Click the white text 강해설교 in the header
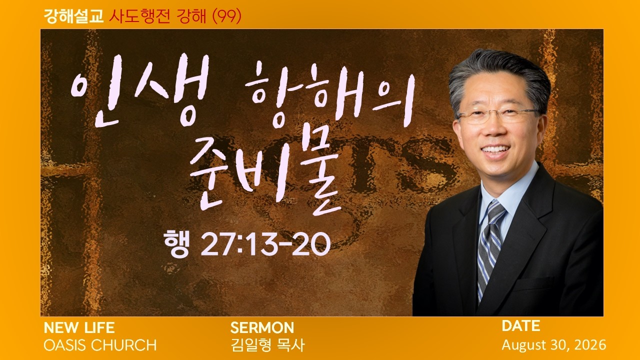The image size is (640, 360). pyautogui.click(x=73, y=16)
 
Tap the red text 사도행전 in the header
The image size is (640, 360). pyautogui.click(x=139, y=16)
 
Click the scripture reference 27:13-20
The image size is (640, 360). pyautogui.click(x=265, y=244)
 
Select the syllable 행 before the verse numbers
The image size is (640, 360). pyautogui.click(x=176, y=243)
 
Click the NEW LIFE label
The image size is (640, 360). pyautogui.click(x=79, y=328)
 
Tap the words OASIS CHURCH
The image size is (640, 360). pyautogui.click(x=100, y=345)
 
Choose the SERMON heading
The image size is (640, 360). pyautogui.click(x=262, y=328)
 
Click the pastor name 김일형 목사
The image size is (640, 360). pyautogui.click(x=267, y=345)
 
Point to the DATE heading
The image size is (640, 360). pyautogui.click(x=521, y=326)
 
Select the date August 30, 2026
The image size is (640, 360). pyautogui.click(x=554, y=345)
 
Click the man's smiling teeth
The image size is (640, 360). pyautogui.click(x=495, y=149)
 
